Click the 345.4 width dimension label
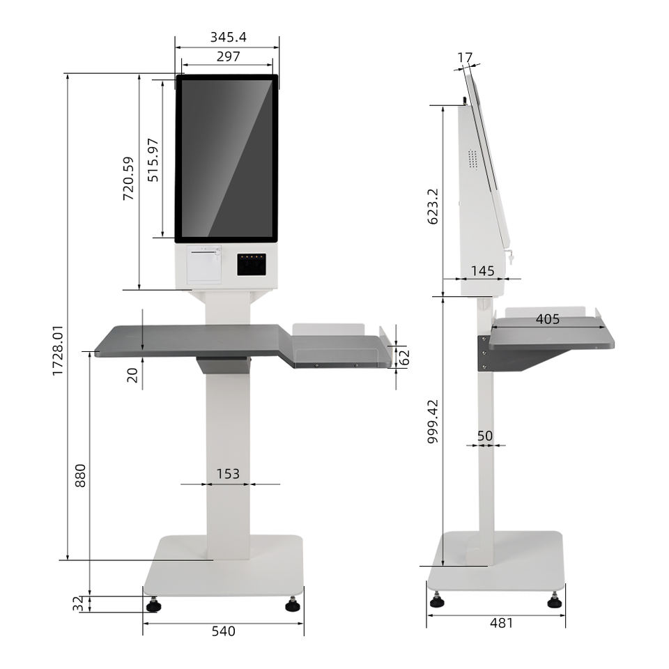229,38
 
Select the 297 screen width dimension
229,56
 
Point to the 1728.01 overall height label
58,351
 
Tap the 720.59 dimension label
128,178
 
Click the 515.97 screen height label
153,160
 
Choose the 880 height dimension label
80,475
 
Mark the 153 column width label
228,474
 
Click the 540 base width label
224,631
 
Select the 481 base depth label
501,623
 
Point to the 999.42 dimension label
433,422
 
